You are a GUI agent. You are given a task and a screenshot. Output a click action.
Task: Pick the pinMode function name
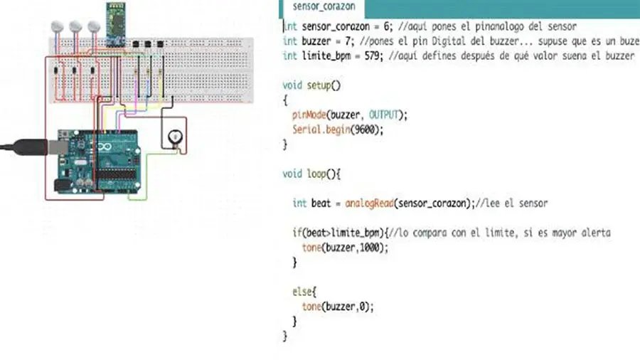click(308, 115)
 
